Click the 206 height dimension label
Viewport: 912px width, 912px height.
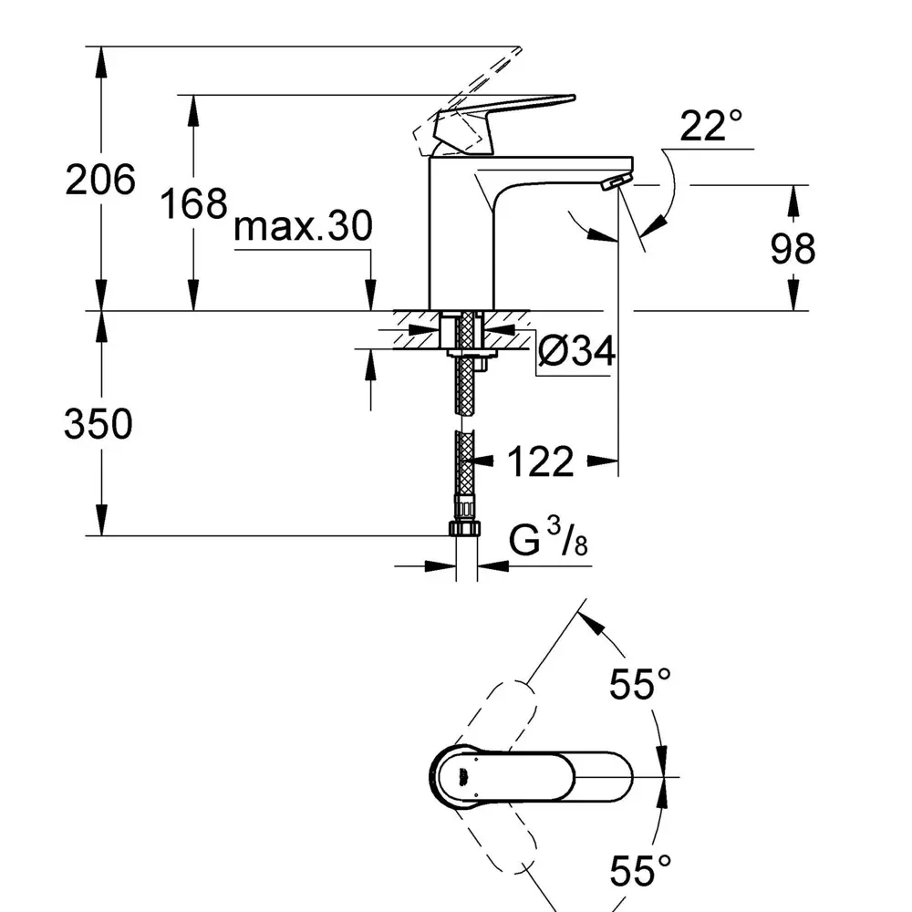[99, 180]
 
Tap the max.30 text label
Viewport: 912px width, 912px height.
[303, 227]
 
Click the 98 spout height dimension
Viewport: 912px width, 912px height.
[792, 247]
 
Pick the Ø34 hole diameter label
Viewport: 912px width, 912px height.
[575, 351]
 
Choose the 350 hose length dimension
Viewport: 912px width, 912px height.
[98, 424]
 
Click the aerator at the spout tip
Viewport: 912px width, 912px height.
[616, 181]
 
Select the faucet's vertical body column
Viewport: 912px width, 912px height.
[461, 237]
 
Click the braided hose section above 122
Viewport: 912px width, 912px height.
[467, 383]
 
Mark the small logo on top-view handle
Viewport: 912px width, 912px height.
[464, 776]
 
